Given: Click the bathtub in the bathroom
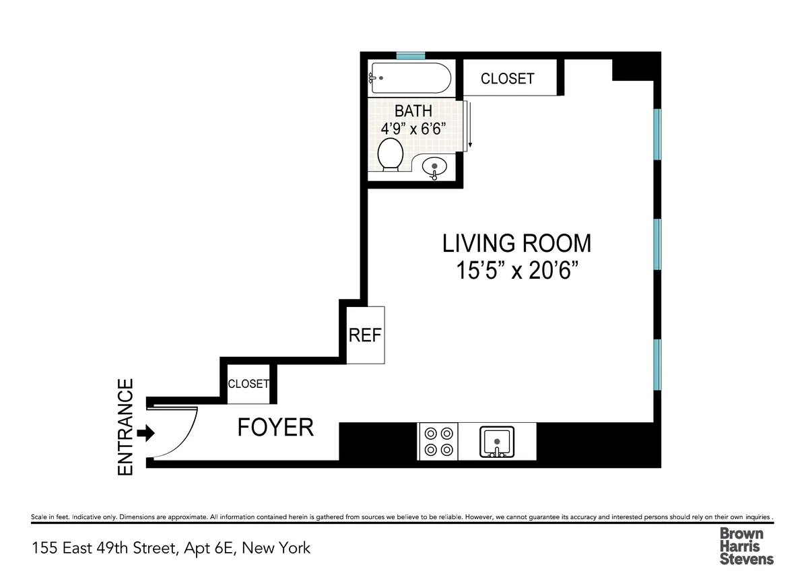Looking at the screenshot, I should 409,79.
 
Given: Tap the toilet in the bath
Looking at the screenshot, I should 390,154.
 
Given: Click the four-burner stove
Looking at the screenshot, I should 438,442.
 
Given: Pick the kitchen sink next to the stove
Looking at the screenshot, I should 497,442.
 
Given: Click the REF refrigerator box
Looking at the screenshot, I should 365,335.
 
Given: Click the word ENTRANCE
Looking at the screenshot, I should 126,428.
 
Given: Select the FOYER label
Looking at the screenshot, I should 275,428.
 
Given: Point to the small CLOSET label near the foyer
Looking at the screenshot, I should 248,384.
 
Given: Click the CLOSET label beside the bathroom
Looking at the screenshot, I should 507,79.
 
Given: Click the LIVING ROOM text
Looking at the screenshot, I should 516,242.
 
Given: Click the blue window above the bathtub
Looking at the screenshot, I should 410,56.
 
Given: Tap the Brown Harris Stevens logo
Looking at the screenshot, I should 746,545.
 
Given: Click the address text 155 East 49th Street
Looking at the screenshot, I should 171,548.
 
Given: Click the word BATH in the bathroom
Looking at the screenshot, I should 413,110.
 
